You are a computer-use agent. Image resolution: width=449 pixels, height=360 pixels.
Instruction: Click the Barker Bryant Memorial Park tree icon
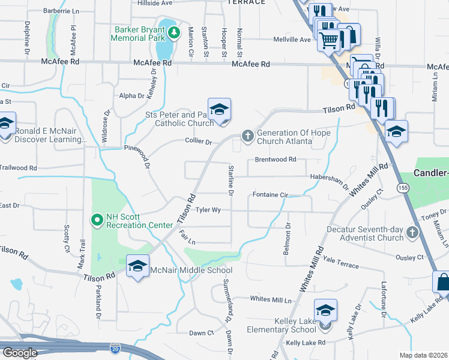[174, 32]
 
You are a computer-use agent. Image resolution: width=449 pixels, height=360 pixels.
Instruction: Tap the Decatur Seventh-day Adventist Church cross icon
[412, 233]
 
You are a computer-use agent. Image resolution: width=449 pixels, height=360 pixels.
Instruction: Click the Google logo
[19, 353]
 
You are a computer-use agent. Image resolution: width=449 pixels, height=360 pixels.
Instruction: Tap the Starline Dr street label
[230, 179]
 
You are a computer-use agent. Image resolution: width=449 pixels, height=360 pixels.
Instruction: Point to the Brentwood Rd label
[276, 160]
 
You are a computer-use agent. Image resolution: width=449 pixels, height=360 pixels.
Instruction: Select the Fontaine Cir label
[271, 195]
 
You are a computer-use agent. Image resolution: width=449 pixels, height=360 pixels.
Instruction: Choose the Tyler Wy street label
[208, 210]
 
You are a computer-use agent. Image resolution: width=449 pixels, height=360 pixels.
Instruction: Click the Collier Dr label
[200, 142]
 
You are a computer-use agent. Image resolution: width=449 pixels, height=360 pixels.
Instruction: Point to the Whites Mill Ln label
[270, 299]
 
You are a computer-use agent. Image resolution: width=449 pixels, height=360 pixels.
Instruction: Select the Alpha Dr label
[131, 95]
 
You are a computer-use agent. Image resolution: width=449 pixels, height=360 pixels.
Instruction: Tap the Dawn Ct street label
[201, 333]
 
